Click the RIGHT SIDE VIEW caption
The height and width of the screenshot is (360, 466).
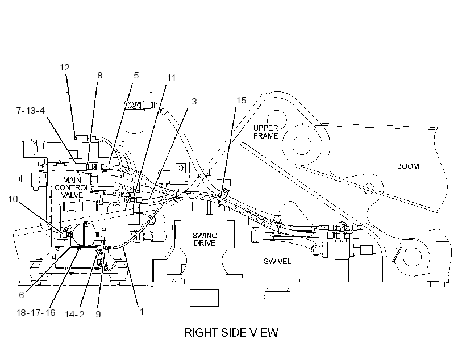pyautogui.click(x=231, y=332)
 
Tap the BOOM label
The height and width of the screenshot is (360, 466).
pyautogui.click(x=408, y=166)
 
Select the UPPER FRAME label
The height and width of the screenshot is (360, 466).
pyautogui.click(x=266, y=132)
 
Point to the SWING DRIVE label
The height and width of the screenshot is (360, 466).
pyautogui.click(x=205, y=240)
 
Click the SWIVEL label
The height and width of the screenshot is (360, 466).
pyautogui.click(x=277, y=261)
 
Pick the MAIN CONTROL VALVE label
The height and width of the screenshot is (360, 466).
pyautogui.click(x=72, y=188)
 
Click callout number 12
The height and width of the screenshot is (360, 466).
pyautogui.click(x=64, y=68)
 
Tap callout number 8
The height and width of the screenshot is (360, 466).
pyautogui.click(x=100, y=76)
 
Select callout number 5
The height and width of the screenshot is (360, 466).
pyautogui.click(x=136, y=75)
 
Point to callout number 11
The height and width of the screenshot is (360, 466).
pyautogui.click(x=172, y=78)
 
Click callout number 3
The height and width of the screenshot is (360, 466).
pyautogui.click(x=194, y=102)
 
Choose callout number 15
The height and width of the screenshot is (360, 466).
pyautogui.click(x=242, y=101)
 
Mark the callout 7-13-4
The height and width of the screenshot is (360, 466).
pyautogui.click(x=30, y=111)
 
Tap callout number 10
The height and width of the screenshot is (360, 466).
pyautogui.click(x=13, y=199)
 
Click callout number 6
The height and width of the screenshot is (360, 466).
pyautogui.click(x=22, y=295)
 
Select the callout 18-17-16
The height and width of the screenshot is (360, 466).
pyautogui.click(x=36, y=312)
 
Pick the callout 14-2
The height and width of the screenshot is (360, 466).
pyautogui.click(x=74, y=314)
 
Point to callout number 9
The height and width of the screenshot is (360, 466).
pyautogui.click(x=98, y=314)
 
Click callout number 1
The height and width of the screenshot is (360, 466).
pyautogui.click(x=142, y=311)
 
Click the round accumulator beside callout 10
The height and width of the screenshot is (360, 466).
pyautogui.click(x=84, y=235)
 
